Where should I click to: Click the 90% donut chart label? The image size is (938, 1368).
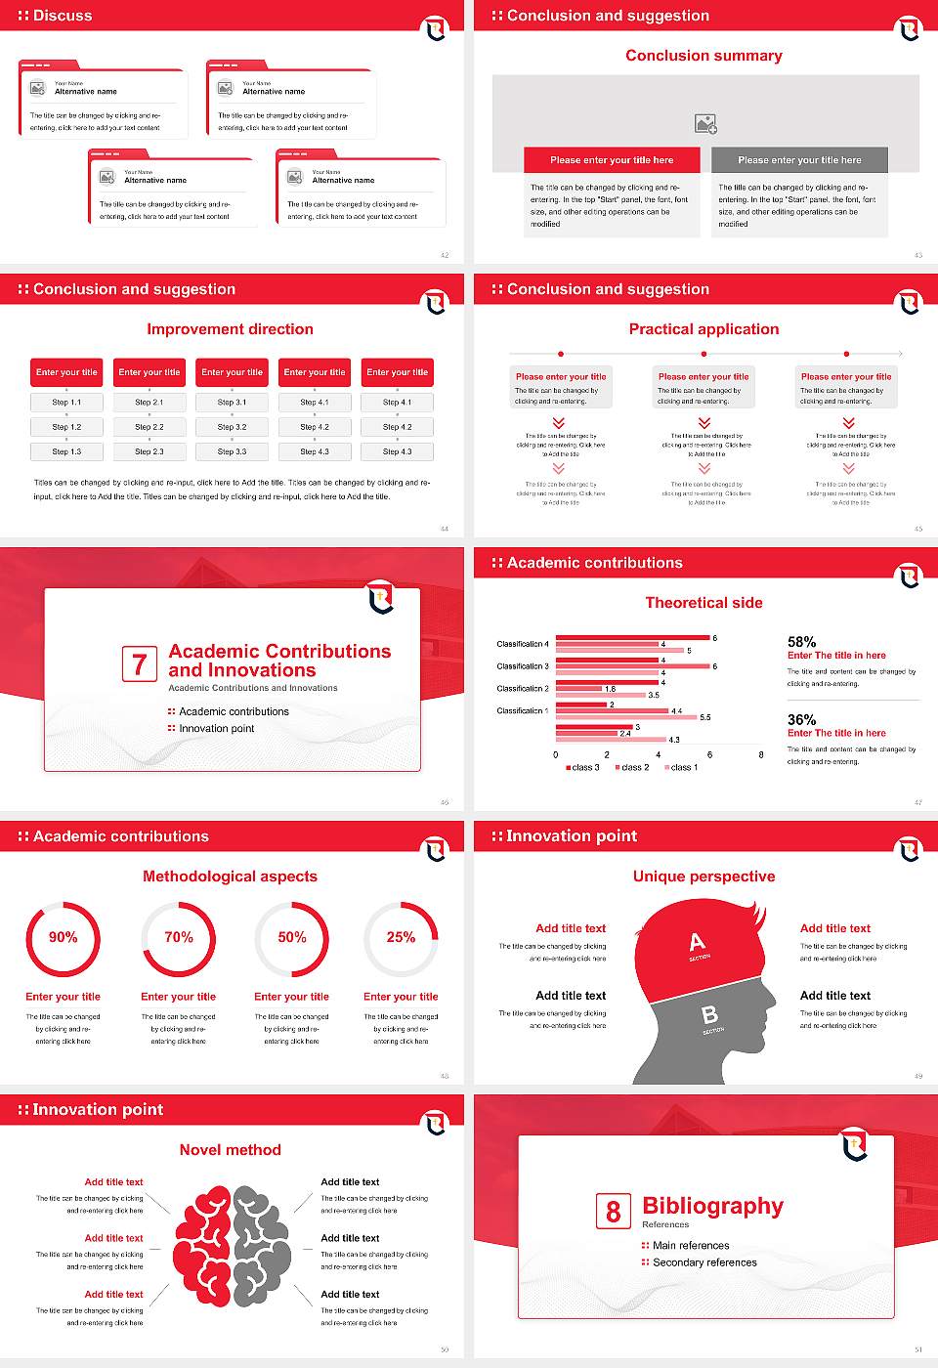pos(64,937)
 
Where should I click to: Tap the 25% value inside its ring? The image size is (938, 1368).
pos(401,937)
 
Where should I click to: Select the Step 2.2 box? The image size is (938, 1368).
pos(149,427)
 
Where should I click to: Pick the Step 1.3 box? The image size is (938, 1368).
pos(66,451)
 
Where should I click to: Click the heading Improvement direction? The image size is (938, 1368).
pos(230,329)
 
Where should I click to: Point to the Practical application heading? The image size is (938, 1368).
pos(703,329)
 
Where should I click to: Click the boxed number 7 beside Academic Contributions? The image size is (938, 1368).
pos(139,664)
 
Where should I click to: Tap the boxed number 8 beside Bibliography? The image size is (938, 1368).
pos(613,1212)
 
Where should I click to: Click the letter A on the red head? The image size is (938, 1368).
pos(697,942)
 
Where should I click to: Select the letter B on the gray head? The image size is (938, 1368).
pos(709,1015)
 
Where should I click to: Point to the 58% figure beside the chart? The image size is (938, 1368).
pos(801,642)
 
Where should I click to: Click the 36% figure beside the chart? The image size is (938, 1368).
pos(801,719)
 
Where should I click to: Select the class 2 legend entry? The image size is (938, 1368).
pos(632,768)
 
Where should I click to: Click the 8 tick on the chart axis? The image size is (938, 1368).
pos(761,754)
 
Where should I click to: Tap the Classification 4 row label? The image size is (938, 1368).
pos(522,644)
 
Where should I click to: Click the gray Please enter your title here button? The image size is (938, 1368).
pos(799,160)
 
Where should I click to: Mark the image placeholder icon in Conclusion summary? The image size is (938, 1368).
pos(705,124)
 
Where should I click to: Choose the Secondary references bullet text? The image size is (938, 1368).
pos(704,1262)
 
